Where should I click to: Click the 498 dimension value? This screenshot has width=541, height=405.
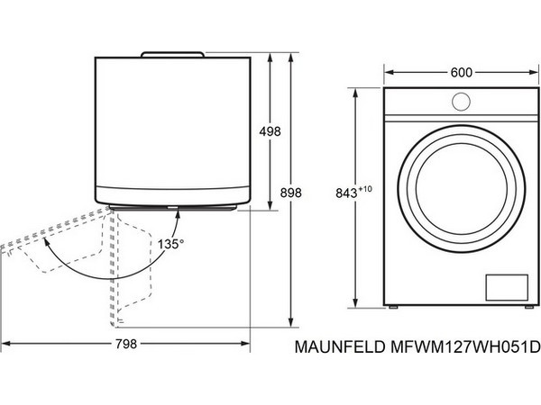coord(270,131)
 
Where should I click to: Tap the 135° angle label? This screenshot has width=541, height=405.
coord(170,244)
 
